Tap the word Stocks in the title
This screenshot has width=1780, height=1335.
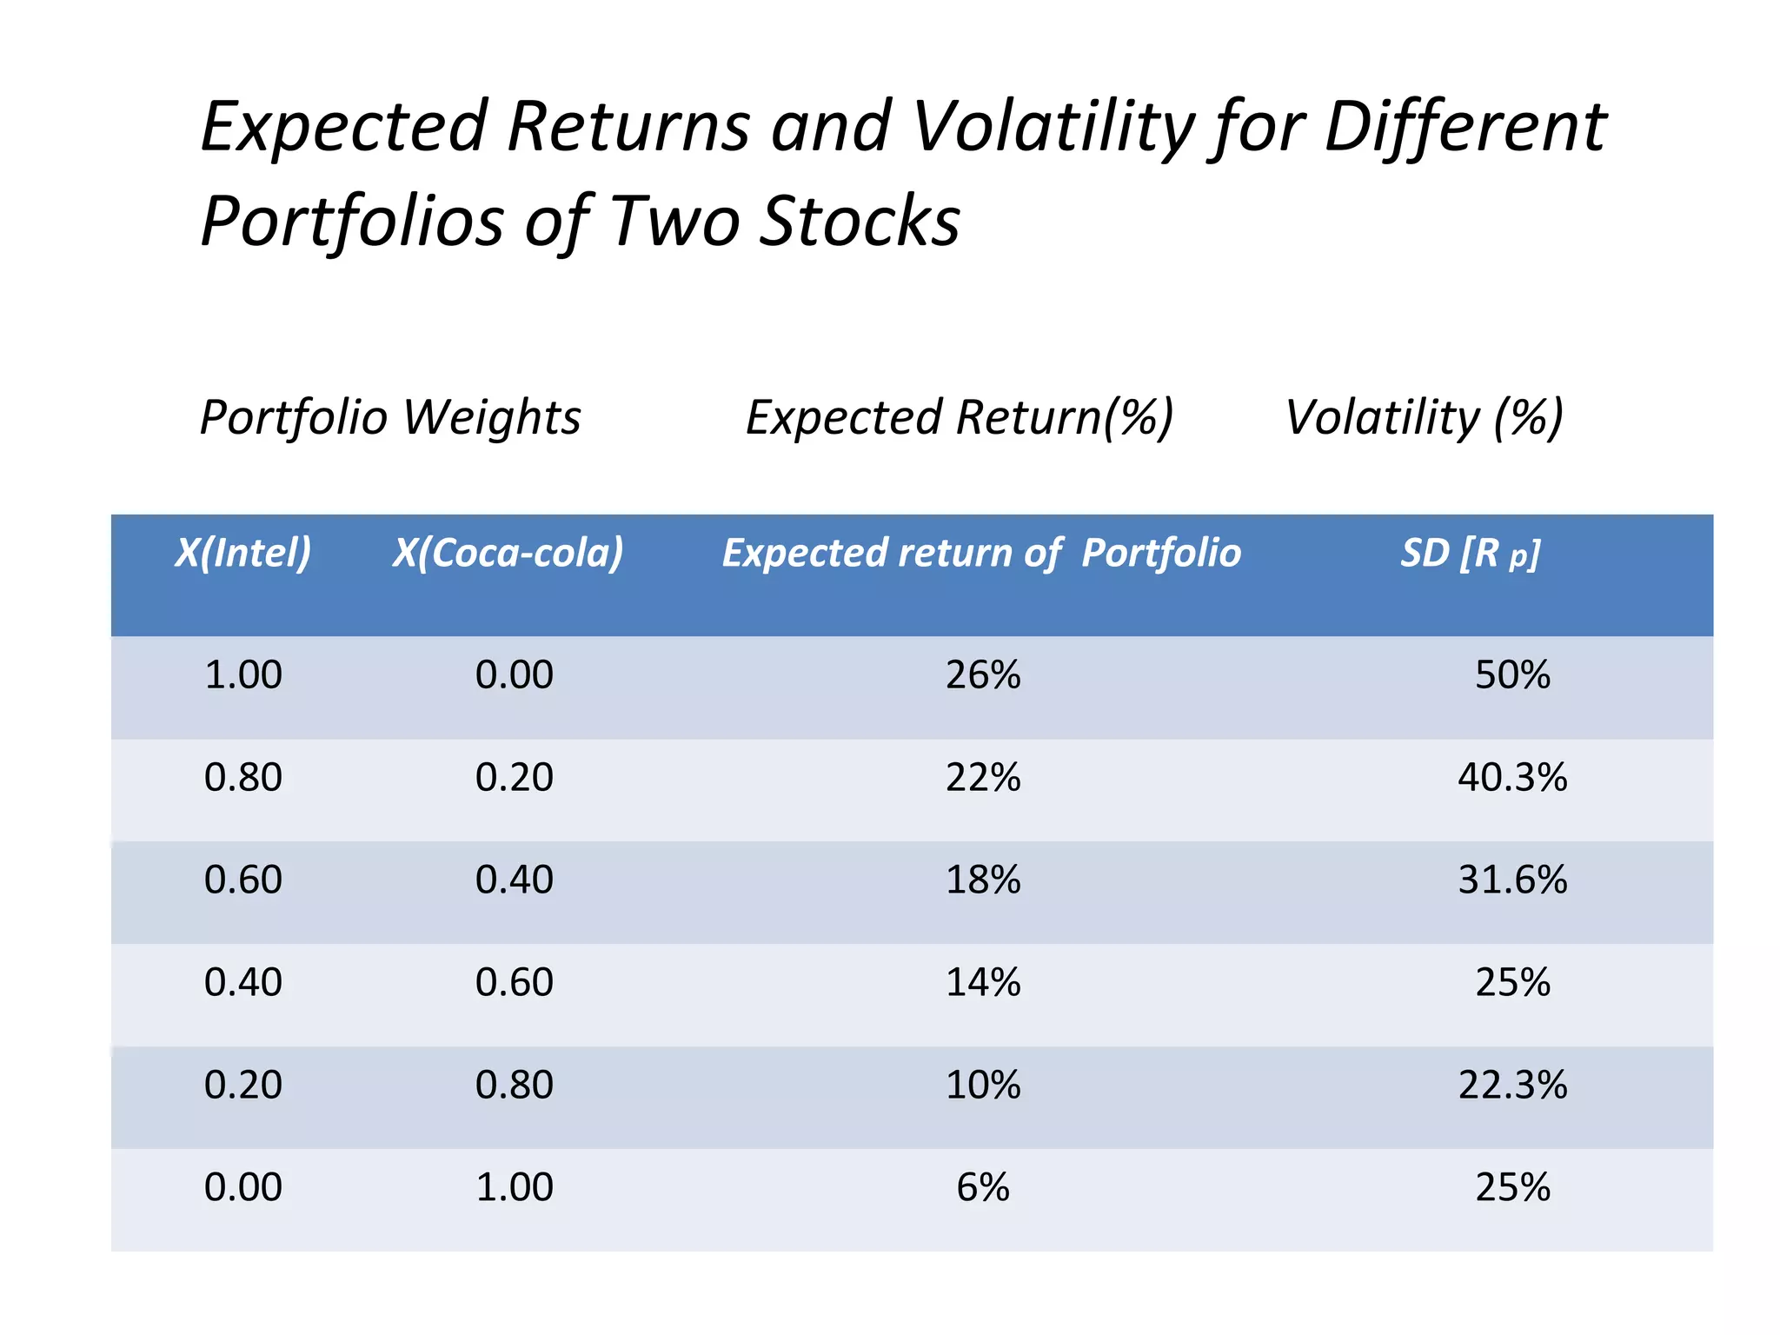point(860,222)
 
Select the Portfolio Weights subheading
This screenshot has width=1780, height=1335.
point(390,417)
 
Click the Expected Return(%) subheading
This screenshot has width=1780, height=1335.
point(960,417)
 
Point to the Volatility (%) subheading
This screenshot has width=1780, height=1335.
point(1424,417)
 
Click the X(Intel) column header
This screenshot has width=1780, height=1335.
point(243,553)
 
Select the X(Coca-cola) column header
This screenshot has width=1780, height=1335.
point(508,553)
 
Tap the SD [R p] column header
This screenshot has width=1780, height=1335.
point(1470,553)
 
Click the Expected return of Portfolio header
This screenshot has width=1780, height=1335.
point(981,553)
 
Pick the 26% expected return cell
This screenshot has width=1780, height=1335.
point(983,675)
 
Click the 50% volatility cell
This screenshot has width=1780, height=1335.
point(1512,675)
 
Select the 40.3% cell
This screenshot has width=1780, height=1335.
point(1512,777)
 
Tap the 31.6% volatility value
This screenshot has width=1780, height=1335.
point(1512,880)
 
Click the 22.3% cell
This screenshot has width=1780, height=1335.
point(1512,1085)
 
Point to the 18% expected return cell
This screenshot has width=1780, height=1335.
point(983,880)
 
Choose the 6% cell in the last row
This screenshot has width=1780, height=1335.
point(983,1187)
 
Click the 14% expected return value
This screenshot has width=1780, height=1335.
point(983,982)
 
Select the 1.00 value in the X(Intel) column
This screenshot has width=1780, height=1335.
point(243,675)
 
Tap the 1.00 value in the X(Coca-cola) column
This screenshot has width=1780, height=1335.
point(515,1187)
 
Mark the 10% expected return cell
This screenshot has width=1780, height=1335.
point(983,1085)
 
